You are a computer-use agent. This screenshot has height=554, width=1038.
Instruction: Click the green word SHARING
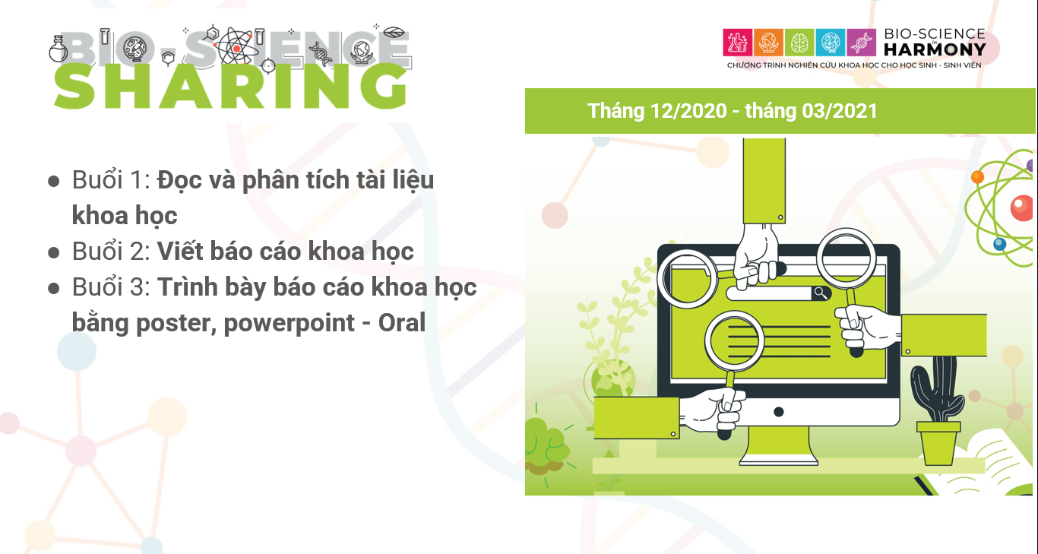(231, 86)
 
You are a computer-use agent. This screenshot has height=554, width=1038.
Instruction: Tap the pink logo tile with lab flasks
(737, 43)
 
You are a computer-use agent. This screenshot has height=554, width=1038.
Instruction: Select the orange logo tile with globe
(768, 43)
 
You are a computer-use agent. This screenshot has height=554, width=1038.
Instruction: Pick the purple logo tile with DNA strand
(862, 43)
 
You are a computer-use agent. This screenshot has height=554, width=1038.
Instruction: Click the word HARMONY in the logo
(935, 49)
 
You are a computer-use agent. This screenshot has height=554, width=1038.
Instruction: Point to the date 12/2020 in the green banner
(688, 111)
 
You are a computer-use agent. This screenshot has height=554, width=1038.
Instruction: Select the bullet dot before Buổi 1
(54, 182)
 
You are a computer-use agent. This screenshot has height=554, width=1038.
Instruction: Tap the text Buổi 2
(111, 252)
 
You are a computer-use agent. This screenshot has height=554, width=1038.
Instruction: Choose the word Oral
(402, 323)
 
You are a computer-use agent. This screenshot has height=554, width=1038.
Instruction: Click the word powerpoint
(289, 324)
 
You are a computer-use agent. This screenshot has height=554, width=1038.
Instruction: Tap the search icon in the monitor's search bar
(821, 293)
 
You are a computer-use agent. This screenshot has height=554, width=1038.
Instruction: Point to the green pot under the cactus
(938, 443)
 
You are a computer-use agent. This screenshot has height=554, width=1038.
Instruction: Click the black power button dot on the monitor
(778, 412)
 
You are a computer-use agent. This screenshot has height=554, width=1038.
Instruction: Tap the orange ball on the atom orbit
(977, 176)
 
